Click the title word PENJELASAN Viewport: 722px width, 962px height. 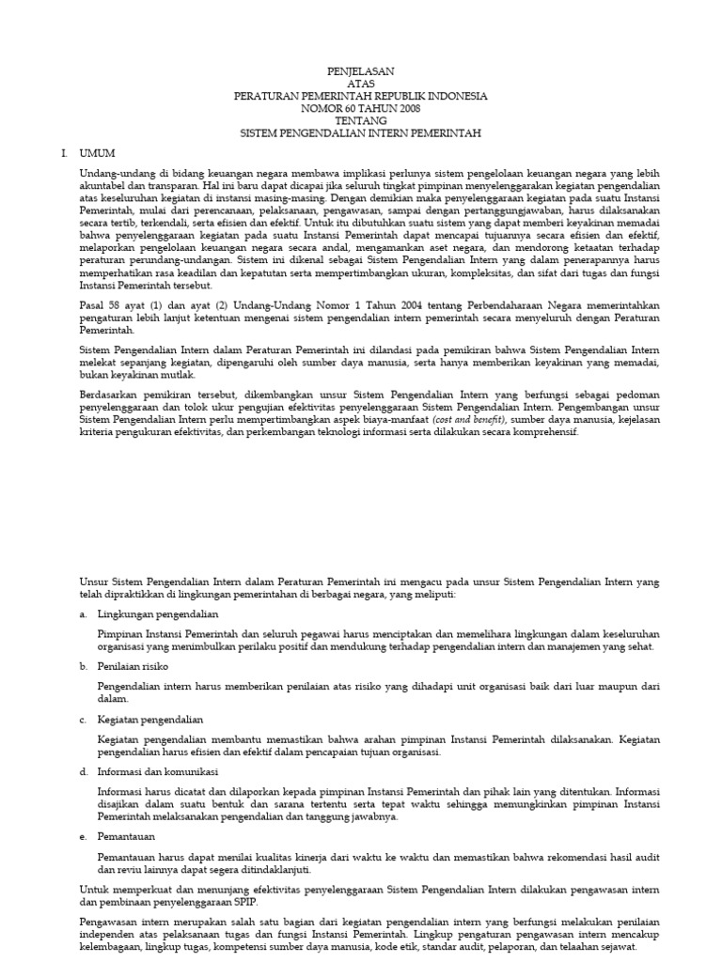pos(360,71)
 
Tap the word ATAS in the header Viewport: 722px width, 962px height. pos(360,84)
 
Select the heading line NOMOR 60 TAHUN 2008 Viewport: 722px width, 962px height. pos(360,109)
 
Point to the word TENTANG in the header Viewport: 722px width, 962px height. pos(360,121)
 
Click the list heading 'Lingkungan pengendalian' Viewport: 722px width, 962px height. pos(151,613)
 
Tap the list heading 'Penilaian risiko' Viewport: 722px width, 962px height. pos(133,665)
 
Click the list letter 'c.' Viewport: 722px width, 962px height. pos(84,719)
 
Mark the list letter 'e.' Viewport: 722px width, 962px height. pos(84,835)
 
